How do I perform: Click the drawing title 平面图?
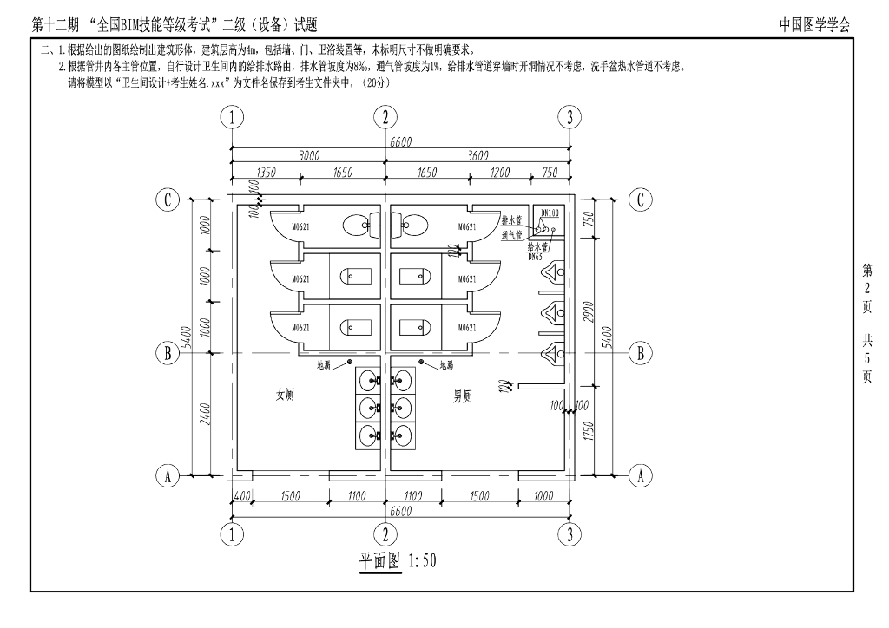click(x=380, y=560)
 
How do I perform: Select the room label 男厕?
click(x=464, y=396)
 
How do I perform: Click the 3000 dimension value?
click(x=308, y=156)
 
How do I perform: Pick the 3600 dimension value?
click(x=477, y=156)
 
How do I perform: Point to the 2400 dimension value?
click(x=202, y=415)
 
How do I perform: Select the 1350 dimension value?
click(x=267, y=173)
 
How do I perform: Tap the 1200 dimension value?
click(x=500, y=173)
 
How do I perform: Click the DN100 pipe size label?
click(x=550, y=213)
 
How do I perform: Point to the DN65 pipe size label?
click(x=535, y=257)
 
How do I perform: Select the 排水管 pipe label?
click(x=511, y=221)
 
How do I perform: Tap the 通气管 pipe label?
click(x=511, y=234)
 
